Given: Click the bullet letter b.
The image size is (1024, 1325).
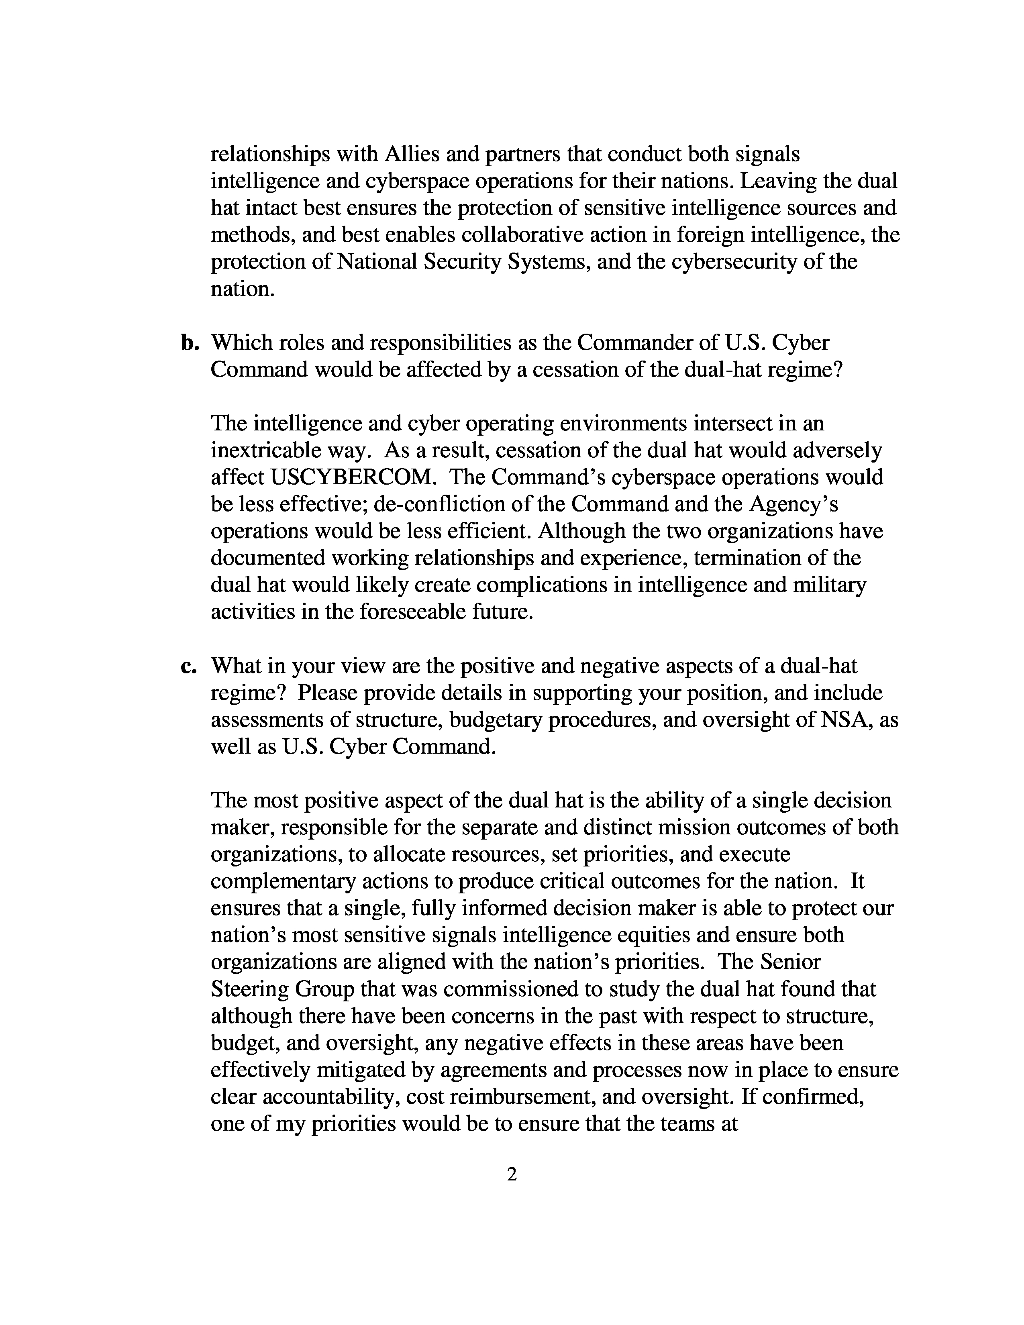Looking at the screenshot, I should pyautogui.click(x=190, y=343).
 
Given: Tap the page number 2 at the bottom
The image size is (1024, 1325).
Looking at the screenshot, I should pyautogui.click(x=511, y=1175).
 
